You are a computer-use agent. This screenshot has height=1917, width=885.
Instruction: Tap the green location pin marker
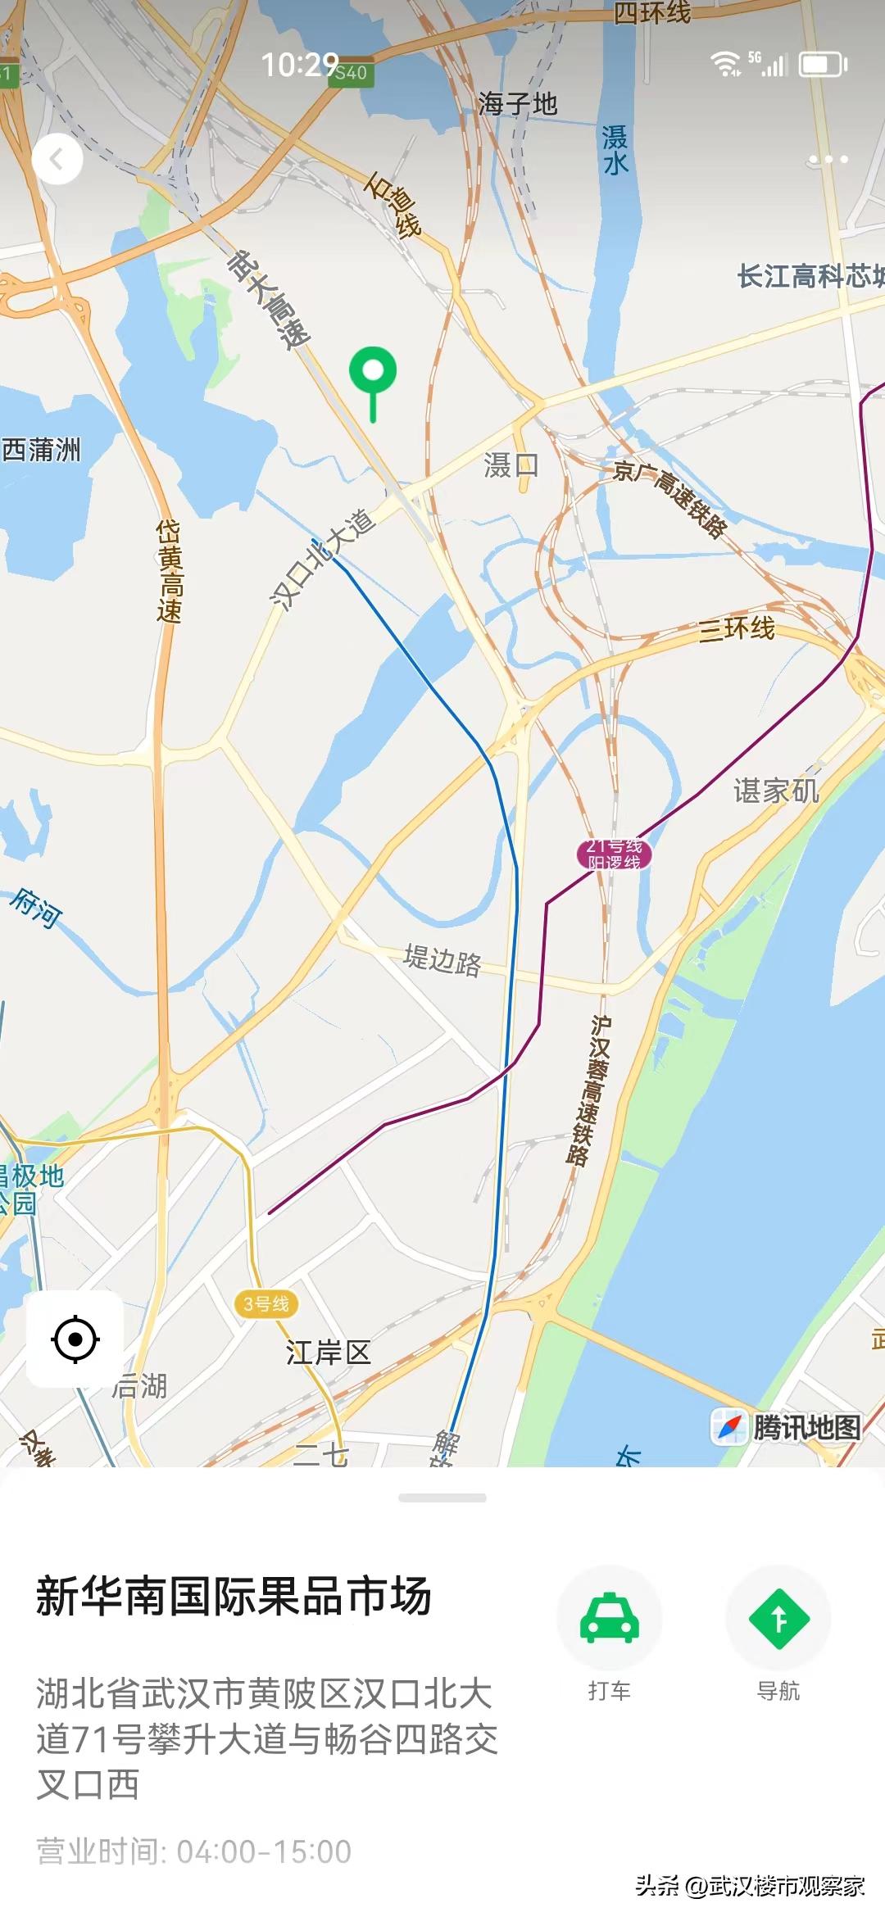point(373,373)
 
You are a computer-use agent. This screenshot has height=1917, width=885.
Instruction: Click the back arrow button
point(57,159)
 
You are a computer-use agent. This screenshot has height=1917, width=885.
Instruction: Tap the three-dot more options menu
point(828,159)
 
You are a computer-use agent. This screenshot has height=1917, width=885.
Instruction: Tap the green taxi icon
point(609,1619)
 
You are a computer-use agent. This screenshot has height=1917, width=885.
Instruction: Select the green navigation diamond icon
point(778,1619)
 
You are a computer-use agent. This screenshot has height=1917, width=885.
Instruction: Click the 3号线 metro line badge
point(266,1303)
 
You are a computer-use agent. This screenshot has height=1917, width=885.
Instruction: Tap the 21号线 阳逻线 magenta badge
point(614,854)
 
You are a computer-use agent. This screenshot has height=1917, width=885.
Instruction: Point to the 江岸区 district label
point(329,1353)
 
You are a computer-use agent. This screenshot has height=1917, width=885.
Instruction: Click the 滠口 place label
point(511,465)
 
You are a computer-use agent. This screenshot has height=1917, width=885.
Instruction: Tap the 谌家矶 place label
point(775,791)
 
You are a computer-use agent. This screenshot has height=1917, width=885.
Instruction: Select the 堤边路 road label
point(442,959)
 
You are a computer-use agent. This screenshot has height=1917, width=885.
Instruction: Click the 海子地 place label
point(518,104)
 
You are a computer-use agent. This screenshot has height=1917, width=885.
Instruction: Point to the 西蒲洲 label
point(41,449)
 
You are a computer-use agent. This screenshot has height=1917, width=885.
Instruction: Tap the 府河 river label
point(36,907)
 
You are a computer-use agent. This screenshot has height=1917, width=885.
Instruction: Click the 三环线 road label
point(737,629)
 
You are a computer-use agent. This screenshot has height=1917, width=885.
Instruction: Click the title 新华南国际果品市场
point(234,1597)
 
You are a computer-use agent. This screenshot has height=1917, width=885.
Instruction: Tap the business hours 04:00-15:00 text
point(194,1851)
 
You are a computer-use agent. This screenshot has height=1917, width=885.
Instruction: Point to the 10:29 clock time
point(300,65)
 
